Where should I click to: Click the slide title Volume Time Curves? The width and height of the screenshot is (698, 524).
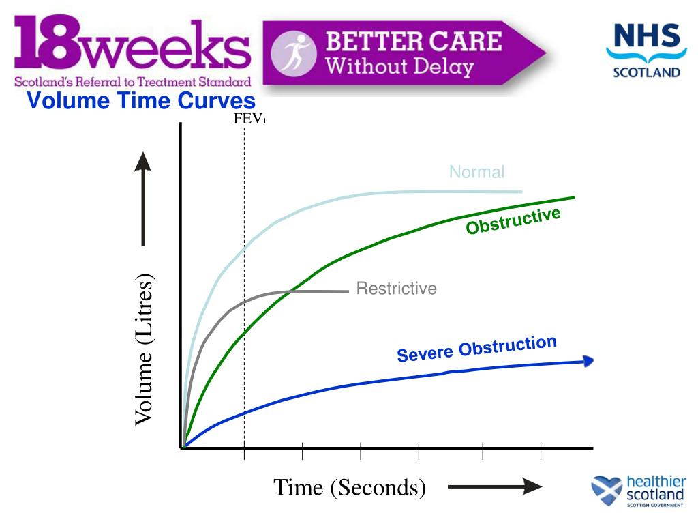point(141,101)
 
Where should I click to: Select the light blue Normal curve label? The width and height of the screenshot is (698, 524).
point(476,172)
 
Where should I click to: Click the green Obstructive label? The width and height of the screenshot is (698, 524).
point(513,222)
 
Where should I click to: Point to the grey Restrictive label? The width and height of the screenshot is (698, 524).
point(396,289)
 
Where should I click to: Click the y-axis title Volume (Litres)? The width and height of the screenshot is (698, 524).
point(144,349)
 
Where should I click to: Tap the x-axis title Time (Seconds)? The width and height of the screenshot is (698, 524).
point(350,487)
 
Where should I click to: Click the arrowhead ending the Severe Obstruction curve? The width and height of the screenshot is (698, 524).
point(588,361)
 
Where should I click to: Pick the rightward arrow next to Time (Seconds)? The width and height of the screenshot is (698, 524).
point(494,486)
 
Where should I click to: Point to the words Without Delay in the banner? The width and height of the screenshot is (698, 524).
point(399,67)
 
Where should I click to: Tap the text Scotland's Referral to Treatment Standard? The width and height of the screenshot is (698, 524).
point(133,83)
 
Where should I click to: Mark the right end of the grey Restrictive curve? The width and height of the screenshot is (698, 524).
point(348,291)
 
